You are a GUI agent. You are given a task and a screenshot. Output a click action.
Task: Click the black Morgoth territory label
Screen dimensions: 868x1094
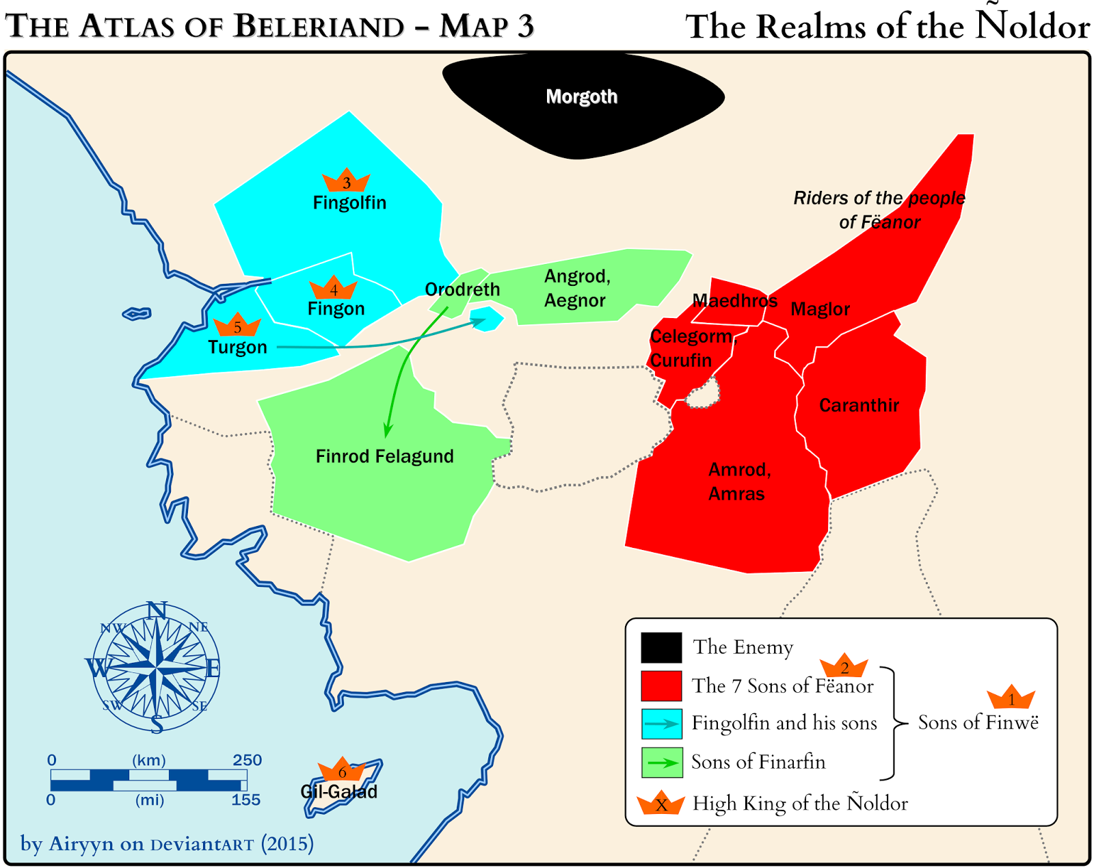click(x=581, y=96)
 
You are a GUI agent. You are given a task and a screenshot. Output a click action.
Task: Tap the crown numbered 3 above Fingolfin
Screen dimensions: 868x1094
click(x=346, y=181)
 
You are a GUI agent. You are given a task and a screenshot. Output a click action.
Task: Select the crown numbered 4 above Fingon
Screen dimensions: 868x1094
click(x=333, y=288)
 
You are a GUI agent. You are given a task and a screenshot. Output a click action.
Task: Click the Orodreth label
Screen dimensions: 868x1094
click(x=462, y=289)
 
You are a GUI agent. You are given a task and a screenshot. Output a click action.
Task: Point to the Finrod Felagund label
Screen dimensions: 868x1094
click(x=384, y=456)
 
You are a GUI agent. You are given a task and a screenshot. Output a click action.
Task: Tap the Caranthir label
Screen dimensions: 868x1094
click(x=859, y=406)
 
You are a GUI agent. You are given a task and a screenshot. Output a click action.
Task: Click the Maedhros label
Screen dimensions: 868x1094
click(x=735, y=301)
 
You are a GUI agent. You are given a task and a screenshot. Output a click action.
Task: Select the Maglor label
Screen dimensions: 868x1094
click(x=820, y=309)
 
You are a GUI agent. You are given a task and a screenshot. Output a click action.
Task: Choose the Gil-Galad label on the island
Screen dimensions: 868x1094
click(x=339, y=792)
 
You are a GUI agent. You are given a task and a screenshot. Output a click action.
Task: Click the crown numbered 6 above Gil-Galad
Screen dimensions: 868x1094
click(x=342, y=770)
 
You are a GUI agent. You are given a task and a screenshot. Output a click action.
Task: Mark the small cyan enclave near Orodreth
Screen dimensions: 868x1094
click(x=487, y=319)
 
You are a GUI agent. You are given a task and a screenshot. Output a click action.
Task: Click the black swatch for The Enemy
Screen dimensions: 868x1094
click(x=661, y=647)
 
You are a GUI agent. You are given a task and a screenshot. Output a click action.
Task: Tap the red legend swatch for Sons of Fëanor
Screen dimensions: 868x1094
click(x=661, y=685)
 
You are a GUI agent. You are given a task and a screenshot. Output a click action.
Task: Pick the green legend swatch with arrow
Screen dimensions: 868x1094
click(x=661, y=762)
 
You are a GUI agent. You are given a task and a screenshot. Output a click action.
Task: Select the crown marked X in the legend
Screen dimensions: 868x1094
click(x=661, y=804)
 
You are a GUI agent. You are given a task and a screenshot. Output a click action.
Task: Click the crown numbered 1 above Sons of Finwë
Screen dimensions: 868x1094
click(x=1011, y=698)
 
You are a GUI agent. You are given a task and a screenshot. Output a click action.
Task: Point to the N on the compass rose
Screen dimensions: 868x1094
click(x=157, y=609)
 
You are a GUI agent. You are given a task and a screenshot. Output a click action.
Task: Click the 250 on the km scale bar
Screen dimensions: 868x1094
click(x=247, y=760)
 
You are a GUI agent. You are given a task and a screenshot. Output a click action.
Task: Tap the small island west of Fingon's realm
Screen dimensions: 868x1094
click(x=137, y=314)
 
